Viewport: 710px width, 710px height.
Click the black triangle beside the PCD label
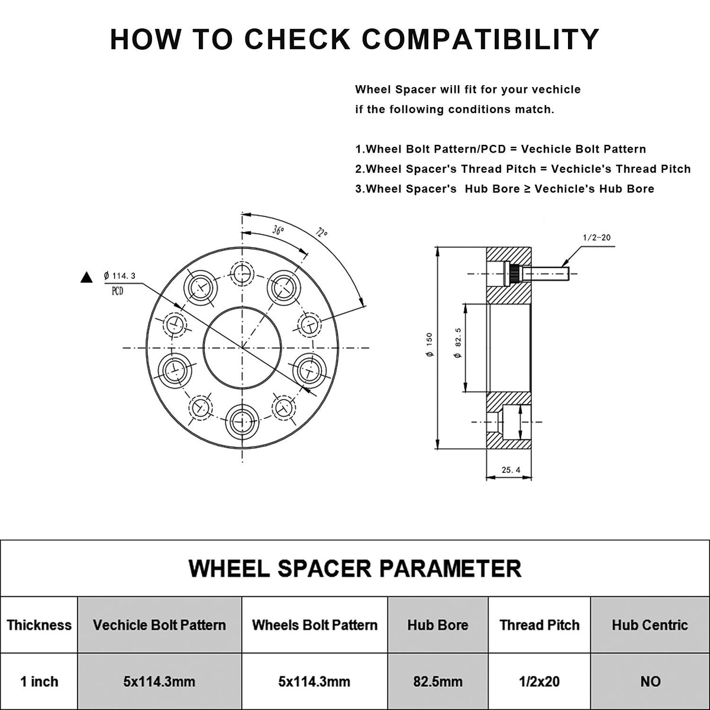click(x=87, y=277)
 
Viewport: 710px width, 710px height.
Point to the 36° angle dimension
click(x=278, y=230)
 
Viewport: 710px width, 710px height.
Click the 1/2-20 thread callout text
click(x=596, y=237)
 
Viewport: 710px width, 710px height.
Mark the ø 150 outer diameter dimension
click(x=429, y=344)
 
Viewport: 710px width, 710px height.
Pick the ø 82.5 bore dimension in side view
click(x=457, y=347)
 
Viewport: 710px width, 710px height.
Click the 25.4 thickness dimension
click(x=510, y=470)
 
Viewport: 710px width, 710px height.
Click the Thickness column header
click(x=39, y=625)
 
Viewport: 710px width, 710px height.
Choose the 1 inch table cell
click(x=39, y=682)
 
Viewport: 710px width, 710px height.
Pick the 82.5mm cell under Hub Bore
click(x=438, y=682)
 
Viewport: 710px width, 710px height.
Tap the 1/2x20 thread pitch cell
click(x=539, y=682)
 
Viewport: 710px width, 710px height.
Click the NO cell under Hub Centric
click(x=650, y=682)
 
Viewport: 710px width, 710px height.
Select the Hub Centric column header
click(x=650, y=625)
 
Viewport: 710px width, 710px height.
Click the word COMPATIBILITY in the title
click(x=480, y=39)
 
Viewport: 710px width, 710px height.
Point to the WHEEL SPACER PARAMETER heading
click(x=355, y=568)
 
